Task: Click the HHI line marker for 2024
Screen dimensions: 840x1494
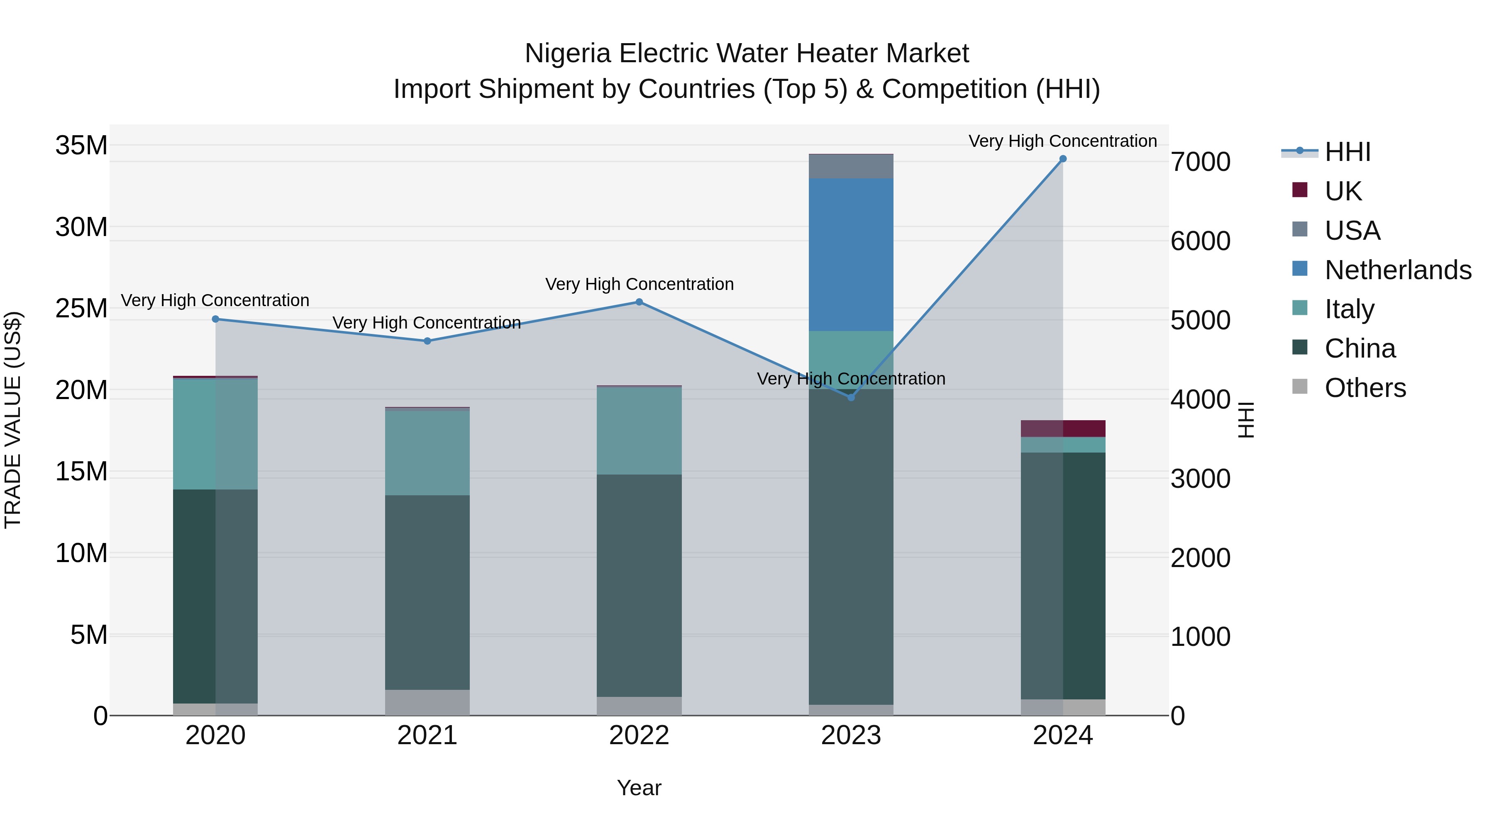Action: tap(1062, 159)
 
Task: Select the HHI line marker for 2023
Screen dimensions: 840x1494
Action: tap(851, 398)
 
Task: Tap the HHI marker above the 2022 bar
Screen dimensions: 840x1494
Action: tap(639, 302)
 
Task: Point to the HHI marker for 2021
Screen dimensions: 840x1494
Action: tap(427, 341)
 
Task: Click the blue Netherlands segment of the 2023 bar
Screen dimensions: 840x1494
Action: tap(851, 255)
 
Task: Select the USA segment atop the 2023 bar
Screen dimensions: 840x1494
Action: tap(851, 166)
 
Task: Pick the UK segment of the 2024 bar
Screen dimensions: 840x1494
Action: tap(1062, 429)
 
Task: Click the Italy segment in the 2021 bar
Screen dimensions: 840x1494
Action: tap(427, 452)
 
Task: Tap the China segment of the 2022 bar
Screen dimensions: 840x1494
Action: tap(639, 585)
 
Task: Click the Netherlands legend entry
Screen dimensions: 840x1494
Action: tap(1398, 270)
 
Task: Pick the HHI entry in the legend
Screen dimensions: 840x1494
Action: tap(1347, 152)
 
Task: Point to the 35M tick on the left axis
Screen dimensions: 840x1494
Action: tap(81, 146)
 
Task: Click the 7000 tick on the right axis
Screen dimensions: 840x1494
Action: tap(1200, 162)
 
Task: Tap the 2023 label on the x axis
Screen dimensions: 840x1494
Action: tap(851, 735)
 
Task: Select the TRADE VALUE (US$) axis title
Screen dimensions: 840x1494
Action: tap(13, 420)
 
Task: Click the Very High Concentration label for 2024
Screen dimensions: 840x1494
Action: tap(1062, 141)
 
